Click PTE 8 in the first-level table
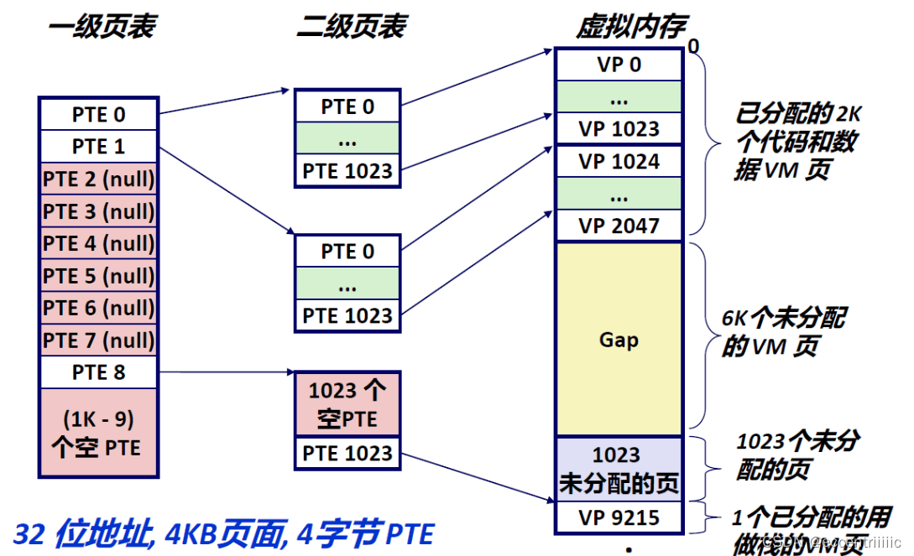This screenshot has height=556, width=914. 98,372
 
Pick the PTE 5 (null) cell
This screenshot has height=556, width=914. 98,276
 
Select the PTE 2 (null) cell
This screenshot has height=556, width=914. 98,179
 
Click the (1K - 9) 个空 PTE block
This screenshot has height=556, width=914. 98,433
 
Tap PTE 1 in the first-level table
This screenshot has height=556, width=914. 98,147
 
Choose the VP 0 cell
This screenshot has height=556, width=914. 619,65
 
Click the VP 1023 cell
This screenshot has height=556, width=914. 619,129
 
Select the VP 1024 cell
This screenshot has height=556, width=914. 619,161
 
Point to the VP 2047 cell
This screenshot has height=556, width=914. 619,226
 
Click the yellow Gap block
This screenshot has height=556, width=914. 619,340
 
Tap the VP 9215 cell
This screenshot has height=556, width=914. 619,517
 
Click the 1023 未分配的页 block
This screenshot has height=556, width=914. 619,469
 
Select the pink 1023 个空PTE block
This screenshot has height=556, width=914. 347,404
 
